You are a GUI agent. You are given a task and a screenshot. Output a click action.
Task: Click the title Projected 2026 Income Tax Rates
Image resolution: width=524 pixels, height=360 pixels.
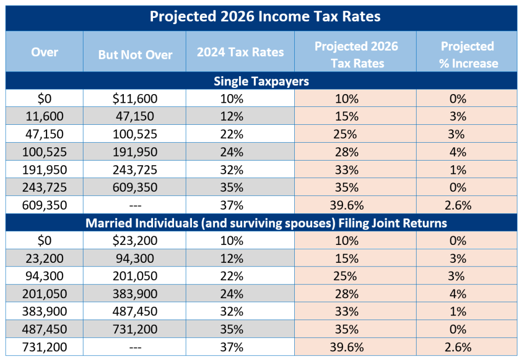(x=265, y=16)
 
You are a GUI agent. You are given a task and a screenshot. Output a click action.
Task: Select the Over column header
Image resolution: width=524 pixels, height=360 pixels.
(x=45, y=52)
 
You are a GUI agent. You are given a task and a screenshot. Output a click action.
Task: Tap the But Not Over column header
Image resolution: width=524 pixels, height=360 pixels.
(x=135, y=55)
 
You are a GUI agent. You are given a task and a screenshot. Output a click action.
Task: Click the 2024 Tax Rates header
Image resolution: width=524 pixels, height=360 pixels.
(x=240, y=52)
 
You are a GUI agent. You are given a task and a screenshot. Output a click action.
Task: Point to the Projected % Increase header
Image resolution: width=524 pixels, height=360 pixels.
(x=467, y=55)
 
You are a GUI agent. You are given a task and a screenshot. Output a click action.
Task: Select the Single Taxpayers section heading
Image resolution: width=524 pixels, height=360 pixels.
(x=261, y=81)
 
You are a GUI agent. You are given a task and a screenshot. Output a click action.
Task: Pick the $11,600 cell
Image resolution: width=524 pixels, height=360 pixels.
(x=135, y=99)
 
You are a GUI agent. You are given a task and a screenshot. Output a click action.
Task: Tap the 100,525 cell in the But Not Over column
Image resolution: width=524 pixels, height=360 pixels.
(x=135, y=134)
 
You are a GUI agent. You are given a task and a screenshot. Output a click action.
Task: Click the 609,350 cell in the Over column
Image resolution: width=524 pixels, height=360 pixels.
(x=45, y=206)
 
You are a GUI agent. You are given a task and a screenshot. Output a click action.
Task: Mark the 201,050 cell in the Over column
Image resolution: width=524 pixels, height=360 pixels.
(x=45, y=294)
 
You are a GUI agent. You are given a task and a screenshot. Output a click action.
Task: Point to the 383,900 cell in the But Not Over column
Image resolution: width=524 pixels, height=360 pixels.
(x=135, y=294)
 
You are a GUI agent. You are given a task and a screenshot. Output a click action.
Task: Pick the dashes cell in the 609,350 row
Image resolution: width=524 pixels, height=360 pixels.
(x=135, y=206)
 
